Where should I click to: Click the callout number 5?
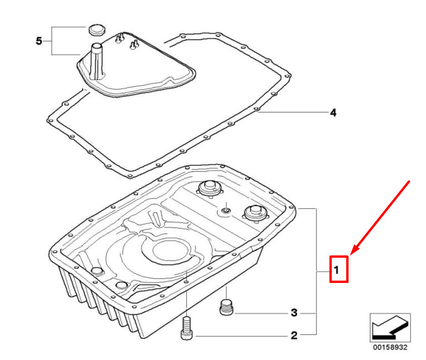(39, 41)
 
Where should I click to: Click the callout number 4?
(333, 113)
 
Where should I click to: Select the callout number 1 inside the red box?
(336, 270)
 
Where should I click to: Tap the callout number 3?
(294, 313)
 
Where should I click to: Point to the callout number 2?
(294, 335)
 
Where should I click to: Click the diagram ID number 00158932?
(390, 347)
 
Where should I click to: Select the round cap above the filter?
(97, 29)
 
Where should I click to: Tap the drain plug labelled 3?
(226, 307)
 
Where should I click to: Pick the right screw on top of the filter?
(134, 45)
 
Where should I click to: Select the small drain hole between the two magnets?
(226, 210)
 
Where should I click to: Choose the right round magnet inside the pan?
(255, 213)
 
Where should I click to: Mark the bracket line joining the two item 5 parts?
(52, 41)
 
